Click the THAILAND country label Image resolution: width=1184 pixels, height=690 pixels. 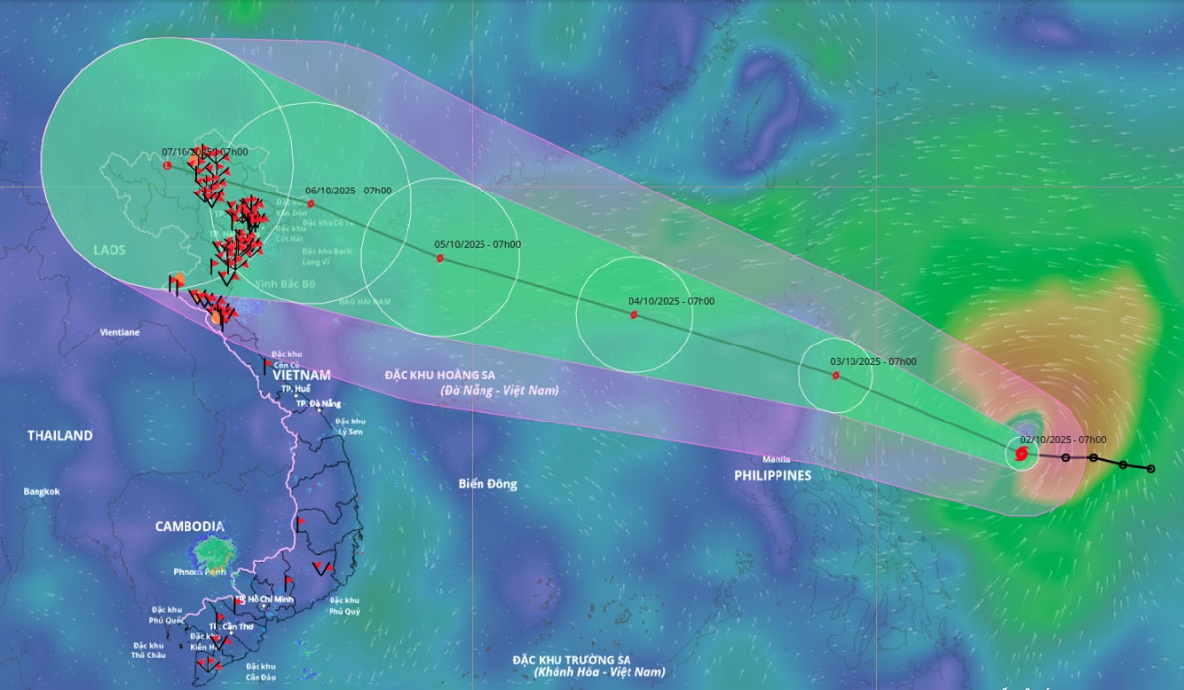click(60, 435)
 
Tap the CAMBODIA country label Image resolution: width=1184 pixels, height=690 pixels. click(189, 526)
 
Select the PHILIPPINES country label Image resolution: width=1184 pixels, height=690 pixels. click(773, 475)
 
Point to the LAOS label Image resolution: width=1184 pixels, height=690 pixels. click(110, 250)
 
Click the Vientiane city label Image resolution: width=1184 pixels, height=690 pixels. click(119, 333)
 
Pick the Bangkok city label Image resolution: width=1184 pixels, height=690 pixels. click(42, 491)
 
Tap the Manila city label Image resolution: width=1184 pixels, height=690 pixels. click(777, 459)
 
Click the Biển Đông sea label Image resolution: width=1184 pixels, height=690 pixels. click(487, 484)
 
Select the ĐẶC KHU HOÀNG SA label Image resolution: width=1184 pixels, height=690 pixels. click(440, 375)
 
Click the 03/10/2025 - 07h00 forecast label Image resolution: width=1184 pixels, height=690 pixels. click(872, 362)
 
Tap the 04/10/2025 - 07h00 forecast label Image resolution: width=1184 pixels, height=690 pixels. click(671, 301)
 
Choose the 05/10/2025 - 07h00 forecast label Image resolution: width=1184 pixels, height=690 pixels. click(478, 244)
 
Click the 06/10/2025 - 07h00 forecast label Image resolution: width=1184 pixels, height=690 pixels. click(348, 190)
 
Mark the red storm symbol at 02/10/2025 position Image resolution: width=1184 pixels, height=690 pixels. click(1021, 454)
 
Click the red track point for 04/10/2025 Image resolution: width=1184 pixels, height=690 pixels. click(633, 316)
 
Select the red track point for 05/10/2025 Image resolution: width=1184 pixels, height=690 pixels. click(440, 259)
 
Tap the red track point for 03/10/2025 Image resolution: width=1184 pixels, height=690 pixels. click(835, 375)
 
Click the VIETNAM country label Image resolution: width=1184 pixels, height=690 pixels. click(302, 375)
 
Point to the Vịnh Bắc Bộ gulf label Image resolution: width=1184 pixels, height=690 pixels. click(285, 283)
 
